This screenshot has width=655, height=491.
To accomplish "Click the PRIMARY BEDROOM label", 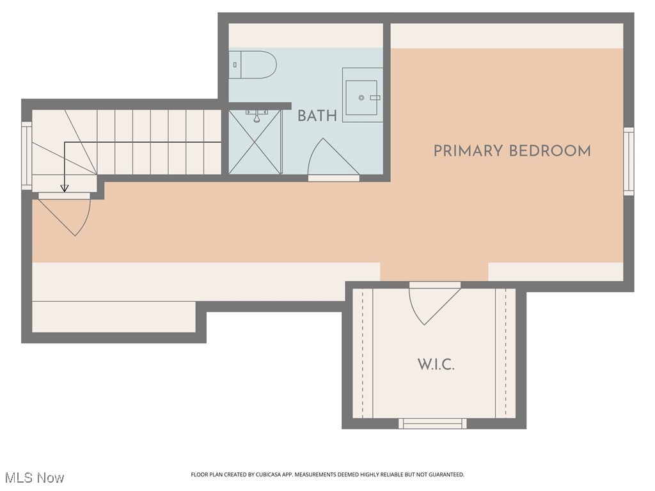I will [x=512, y=151].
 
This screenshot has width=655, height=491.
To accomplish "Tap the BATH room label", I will [x=317, y=116].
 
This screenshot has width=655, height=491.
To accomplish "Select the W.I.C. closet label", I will [x=436, y=365].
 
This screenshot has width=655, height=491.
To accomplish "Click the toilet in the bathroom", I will [x=253, y=65].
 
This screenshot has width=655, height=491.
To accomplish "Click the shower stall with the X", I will [x=255, y=141].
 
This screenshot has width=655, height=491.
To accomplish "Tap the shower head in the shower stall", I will [x=256, y=116].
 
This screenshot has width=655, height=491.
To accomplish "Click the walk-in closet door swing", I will [x=432, y=304].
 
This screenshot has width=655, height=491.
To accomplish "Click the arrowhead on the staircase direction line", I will [x=64, y=188].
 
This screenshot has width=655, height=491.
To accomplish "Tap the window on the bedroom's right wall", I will [x=629, y=161].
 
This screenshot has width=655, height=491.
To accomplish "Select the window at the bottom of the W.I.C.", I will [x=432, y=423].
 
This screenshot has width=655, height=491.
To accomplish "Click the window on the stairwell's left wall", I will [x=26, y=155].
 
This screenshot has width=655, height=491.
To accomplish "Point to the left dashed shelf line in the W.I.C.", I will [x=363, y=353].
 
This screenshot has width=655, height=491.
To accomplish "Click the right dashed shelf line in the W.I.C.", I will [x=505, y=353].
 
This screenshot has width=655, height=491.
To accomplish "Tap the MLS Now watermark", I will [x=35, y=478].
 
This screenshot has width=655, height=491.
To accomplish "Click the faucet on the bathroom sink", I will [x=374, y=97].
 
